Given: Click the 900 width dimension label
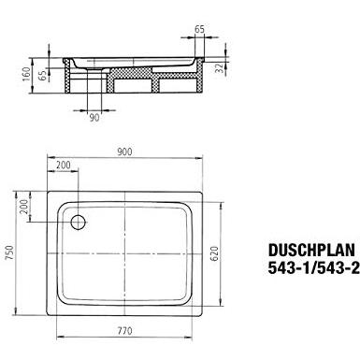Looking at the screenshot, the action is [124, 151].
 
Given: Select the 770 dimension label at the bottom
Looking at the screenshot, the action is [124, 331].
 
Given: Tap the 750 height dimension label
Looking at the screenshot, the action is [9, 253].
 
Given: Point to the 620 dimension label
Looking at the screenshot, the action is [215, 253].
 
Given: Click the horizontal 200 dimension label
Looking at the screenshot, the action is [63, 165].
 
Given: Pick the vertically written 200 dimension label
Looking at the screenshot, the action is [23, 207].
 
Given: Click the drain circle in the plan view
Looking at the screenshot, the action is [78, 222].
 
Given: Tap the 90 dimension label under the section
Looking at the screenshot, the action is [94, 118].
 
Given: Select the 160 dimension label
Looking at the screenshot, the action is [27, 74].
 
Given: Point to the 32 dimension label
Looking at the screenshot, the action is [220, 68].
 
